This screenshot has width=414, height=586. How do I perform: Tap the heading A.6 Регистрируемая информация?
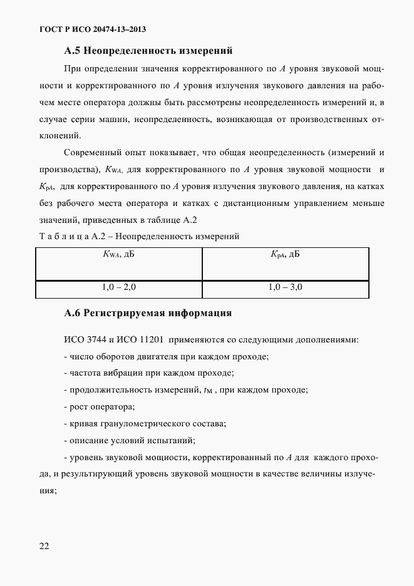coord(148,312)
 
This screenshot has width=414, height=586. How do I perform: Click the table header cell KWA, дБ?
coord(119,254)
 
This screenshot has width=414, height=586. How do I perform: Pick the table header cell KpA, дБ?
coord(285,254)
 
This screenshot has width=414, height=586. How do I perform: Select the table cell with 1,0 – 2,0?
coord(119,287)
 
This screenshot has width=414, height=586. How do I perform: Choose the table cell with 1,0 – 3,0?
coord(285,287)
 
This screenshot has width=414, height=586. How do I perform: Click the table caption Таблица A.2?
coord(66,236)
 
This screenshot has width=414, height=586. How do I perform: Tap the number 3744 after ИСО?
coord(93,340)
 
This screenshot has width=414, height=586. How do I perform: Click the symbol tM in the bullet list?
coord(209,391)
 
